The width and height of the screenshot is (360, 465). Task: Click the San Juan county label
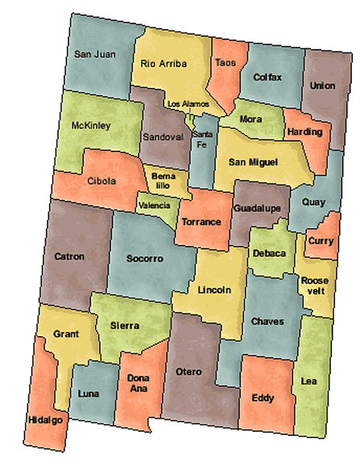[95, 54]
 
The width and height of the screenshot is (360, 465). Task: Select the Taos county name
[226, 62]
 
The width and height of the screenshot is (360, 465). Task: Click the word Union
[322, 85]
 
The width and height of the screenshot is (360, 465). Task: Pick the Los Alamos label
[188, 104]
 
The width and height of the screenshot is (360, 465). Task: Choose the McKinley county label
[91, 127]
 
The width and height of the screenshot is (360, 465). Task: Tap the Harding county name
[303, 131]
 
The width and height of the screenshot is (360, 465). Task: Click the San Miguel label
[253, 162]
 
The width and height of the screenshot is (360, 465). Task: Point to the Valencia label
[155, 206]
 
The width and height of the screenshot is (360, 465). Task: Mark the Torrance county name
[201, 221]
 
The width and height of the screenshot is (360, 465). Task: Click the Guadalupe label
[256, 208]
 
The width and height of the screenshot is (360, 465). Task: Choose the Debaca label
[269, 253]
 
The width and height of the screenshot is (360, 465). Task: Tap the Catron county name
[68, 257]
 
